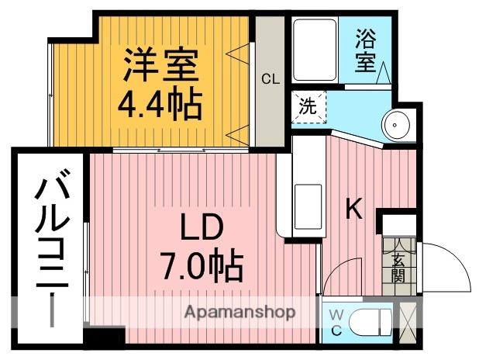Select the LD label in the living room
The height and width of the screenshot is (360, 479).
click(202, 229)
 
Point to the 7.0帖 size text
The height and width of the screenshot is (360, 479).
click(202, 267)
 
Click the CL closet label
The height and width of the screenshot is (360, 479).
click(269, 78)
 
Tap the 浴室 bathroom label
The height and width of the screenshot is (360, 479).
click(365, 50)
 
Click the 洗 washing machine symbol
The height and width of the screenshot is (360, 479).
click(308, 107)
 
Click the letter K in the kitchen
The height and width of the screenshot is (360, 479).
click(353, 208)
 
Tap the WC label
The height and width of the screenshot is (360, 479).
click(336, 321)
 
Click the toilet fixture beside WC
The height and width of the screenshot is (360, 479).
click(371, 321)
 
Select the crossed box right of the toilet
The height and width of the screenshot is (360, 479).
click(405, 321)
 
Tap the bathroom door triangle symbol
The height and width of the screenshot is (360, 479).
click(383, 74)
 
